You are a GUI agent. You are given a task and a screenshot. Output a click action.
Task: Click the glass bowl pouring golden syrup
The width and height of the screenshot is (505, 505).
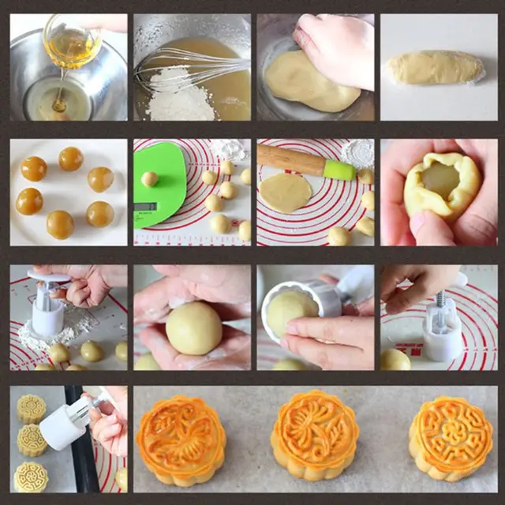pos(72,43)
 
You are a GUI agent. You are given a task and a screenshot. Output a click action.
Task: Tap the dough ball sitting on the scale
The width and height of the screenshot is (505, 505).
pos(150,178)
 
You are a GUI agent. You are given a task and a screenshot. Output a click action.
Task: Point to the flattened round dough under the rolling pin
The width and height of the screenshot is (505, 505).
pos(286,193)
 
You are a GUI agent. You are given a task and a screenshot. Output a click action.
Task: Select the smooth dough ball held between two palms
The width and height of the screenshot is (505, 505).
pos(193,327)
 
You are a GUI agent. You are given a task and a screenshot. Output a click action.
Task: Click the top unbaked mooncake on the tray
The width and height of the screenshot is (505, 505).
pos(32,408)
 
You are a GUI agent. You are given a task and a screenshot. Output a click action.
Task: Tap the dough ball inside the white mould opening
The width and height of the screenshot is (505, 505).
pos(290,312)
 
